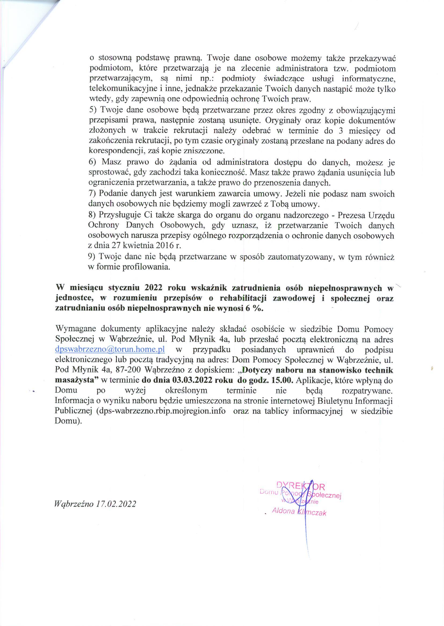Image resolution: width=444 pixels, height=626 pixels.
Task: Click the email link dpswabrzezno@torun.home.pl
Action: click(x=110, y=349)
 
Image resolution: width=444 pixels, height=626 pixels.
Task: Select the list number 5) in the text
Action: click(x=93, y=110)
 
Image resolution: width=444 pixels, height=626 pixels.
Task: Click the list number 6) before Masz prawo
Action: click(x=92, y=162)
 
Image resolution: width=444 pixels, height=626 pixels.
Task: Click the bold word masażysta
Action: click(x=76, y=380)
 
